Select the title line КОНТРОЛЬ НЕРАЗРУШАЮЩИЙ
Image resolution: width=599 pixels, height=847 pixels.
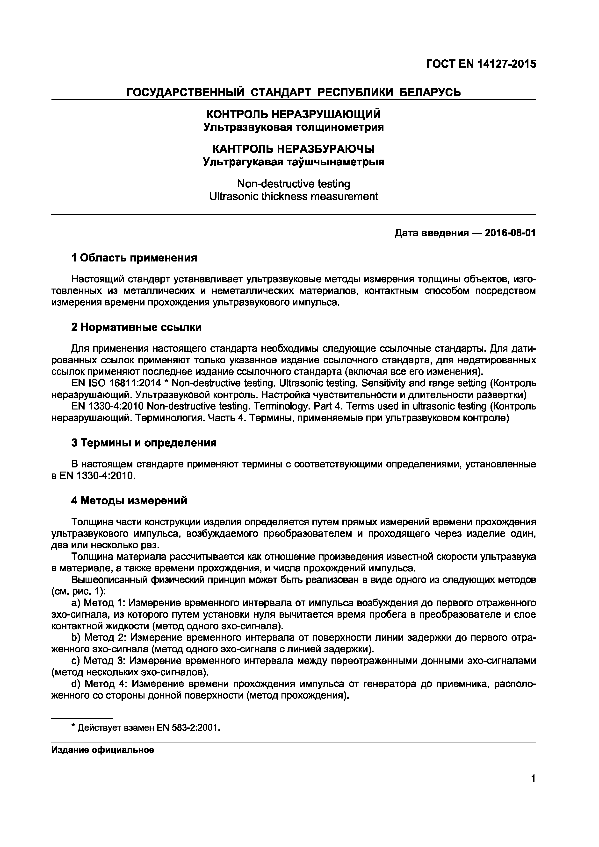pos(293,114)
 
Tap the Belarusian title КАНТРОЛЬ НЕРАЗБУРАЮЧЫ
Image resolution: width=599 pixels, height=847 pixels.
pos(293,149)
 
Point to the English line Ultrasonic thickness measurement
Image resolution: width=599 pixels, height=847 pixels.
pos(293,196)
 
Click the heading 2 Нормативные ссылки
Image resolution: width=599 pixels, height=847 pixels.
pos(136,327)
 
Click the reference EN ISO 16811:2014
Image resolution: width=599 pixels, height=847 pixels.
pos(116,383)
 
